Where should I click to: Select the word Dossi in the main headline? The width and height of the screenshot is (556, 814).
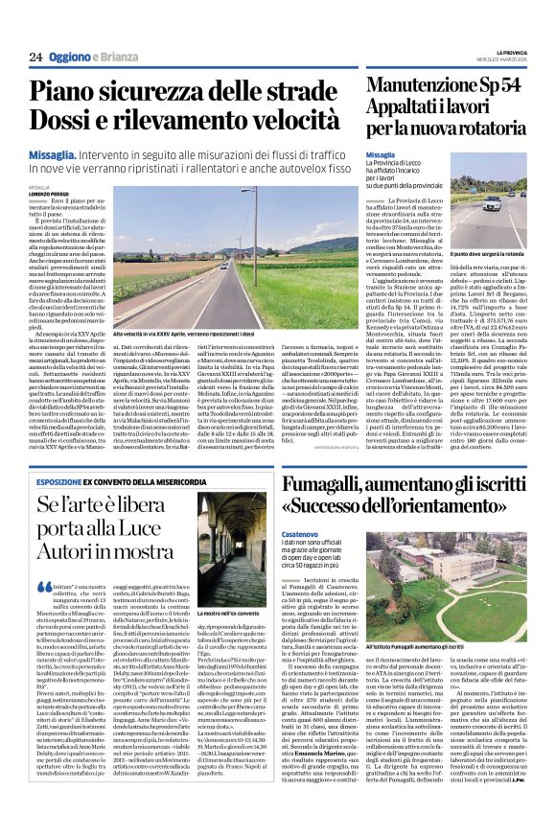(65, 124)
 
